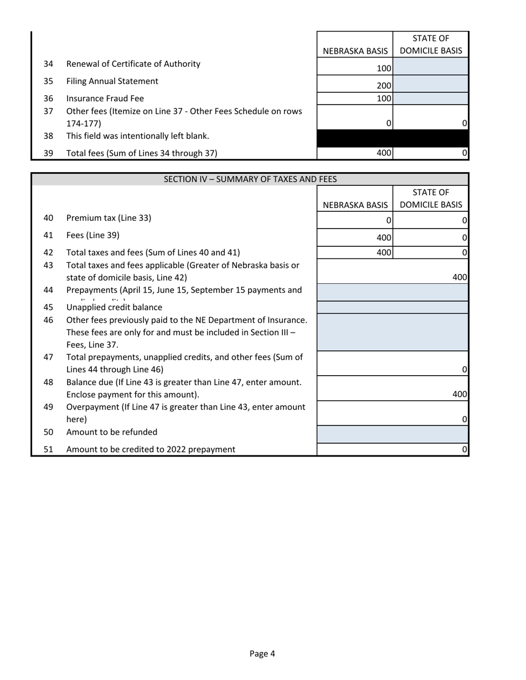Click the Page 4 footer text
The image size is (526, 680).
pyautogui.click(x=262, y=653)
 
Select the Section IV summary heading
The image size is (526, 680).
pyautogui.click(x=250, y=179)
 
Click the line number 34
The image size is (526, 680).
pyautogui.click(x=48, y=64)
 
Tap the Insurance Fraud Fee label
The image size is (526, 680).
pyautogui.click(x=105, y=98)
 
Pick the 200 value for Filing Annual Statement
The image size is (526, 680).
pyautogui.click(x=384, y=86)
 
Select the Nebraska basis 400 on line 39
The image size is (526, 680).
pyautogui.click(x=384, y=153)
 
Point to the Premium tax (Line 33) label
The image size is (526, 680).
pyautogui.click(x=109, y=218)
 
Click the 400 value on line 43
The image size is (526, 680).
pyautogui.click(x=460, y=277)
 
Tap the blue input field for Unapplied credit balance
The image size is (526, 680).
pyautogui.click(x=393, y=308)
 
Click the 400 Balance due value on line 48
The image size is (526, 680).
pyautogui.click(x=460, y=394)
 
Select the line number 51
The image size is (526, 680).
pyautogui.click(x=48, y=449)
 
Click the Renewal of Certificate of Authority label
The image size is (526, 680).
pyautogui.click(x=133, y=64)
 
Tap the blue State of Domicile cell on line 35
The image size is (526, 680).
pyautogui.click(x=431, y=84)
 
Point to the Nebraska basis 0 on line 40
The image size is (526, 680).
pyautogui.click(x=389, y=220)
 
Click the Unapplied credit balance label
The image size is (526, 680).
pyautogui.click(x=114, y=307)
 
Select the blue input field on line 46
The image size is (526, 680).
pyautogui.click(x=393, y=332)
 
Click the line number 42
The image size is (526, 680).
pyautogui.click(x=48, y=253)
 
